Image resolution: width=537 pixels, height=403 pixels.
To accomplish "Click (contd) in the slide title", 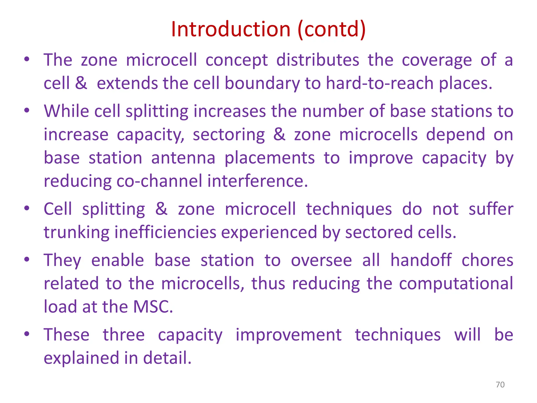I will click(332, 29).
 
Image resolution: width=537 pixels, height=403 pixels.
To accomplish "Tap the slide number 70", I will click(500, 385).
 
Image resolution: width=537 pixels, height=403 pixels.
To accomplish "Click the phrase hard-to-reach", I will click(380, 83).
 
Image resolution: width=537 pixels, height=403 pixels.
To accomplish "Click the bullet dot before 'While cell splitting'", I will click(26, 110).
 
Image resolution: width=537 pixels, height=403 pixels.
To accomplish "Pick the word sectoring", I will click(229, 135).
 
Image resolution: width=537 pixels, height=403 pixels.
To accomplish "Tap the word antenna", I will click(183, 158).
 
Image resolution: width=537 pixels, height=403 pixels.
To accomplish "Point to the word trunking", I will click(76, 232).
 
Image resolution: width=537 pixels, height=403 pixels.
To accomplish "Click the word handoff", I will click(421, 260).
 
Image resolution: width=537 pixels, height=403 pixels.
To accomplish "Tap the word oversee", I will click(321, 260).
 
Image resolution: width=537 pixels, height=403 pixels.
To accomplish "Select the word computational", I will click(456, 284).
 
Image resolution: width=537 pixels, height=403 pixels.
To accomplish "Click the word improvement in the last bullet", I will click(288, 335).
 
